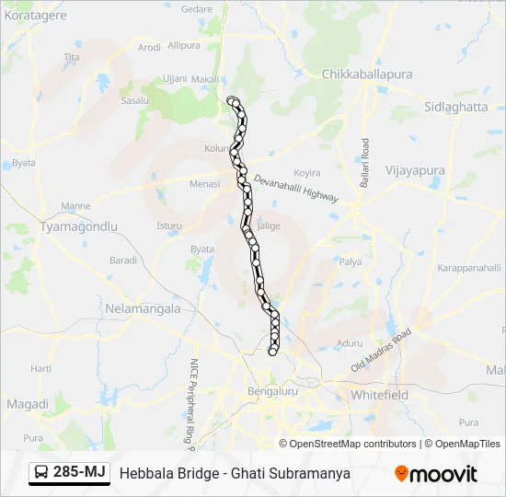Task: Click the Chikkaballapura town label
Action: (367, 74)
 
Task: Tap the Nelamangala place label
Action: (144, 308)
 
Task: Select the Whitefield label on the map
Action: (379, 395)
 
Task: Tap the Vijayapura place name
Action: (414, 170)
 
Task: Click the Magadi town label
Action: (28, 404)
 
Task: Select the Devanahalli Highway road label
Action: (296, 191)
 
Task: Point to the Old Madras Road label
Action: (381, 353)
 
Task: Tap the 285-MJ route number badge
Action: (80, 473)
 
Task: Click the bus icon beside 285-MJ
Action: (41, 473)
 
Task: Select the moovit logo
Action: (435, 473)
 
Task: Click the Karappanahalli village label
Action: (467, 267)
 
